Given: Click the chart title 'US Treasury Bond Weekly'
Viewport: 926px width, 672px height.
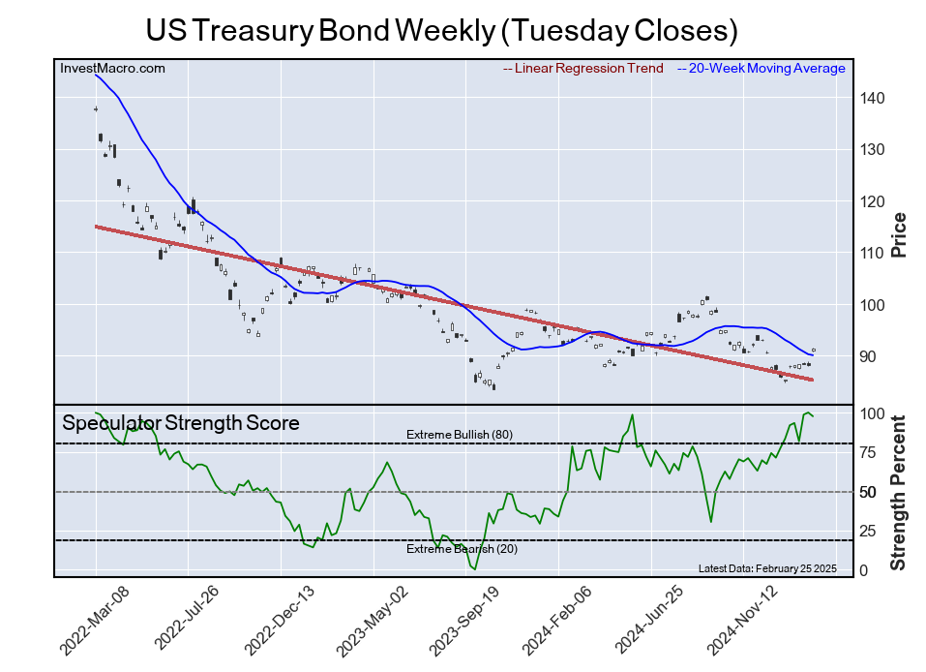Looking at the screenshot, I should coord(441,30).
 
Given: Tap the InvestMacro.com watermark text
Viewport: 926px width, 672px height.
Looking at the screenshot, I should coord(112,68).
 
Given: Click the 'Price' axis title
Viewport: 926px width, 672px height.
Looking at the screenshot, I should coord(899,234).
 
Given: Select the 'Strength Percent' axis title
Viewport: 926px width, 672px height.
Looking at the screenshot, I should coord(899,492).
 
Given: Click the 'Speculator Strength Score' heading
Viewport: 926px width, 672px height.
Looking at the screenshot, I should coord(181,423).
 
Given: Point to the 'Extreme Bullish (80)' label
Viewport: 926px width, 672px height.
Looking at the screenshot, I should coord(459,435).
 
